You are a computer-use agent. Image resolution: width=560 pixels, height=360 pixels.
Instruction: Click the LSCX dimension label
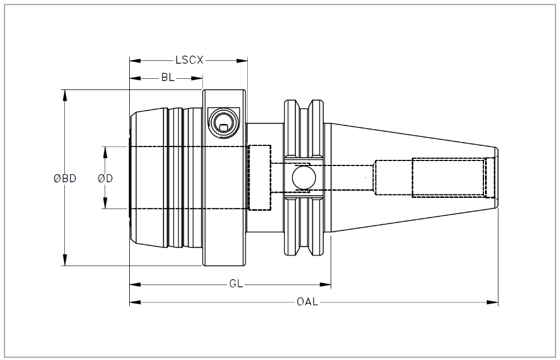(x=189, y=60)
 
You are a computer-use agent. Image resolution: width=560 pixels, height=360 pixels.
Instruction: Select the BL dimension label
(x=168, y=78)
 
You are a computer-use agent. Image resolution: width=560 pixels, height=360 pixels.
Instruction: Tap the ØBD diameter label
(x=65, y=178)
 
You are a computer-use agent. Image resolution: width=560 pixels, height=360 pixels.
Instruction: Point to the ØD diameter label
(x=105, y=178)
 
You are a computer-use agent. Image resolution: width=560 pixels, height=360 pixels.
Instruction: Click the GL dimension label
(x=236, y=284)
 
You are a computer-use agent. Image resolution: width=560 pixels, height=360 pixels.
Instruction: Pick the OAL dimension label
(x=307, y=302)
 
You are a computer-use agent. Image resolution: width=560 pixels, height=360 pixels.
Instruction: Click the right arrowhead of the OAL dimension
(x=492, y=302)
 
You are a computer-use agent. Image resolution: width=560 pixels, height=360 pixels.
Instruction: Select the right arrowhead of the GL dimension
(x=326, y=285)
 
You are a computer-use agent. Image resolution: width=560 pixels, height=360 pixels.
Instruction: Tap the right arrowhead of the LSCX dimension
(x=242, y=61)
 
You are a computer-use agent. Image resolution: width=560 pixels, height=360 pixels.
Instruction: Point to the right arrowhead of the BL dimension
(x=197, y=78)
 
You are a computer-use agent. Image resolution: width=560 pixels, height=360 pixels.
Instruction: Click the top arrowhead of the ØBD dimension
(x=65, y=95)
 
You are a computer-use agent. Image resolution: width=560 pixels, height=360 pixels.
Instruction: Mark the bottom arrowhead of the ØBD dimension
(x=65, y=260)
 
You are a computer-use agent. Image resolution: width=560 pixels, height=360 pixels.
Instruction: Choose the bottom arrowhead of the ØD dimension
(x=105, y=203)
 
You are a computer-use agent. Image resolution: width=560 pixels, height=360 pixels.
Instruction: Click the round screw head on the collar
(x=224, y=123)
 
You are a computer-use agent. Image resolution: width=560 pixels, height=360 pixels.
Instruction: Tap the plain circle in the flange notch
(x=304, y=178)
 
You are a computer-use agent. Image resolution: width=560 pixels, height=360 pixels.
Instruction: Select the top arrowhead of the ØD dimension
(x=105, y=153)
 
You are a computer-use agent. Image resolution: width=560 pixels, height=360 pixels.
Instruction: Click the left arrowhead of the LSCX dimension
(x=135, y=61)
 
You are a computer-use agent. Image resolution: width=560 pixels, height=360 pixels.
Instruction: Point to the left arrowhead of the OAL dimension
(x=135, y=302)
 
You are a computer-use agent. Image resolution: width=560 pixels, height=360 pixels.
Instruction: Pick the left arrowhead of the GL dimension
(x=135, y=285)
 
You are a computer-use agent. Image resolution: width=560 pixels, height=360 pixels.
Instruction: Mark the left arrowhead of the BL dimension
(x=135, y=78)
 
